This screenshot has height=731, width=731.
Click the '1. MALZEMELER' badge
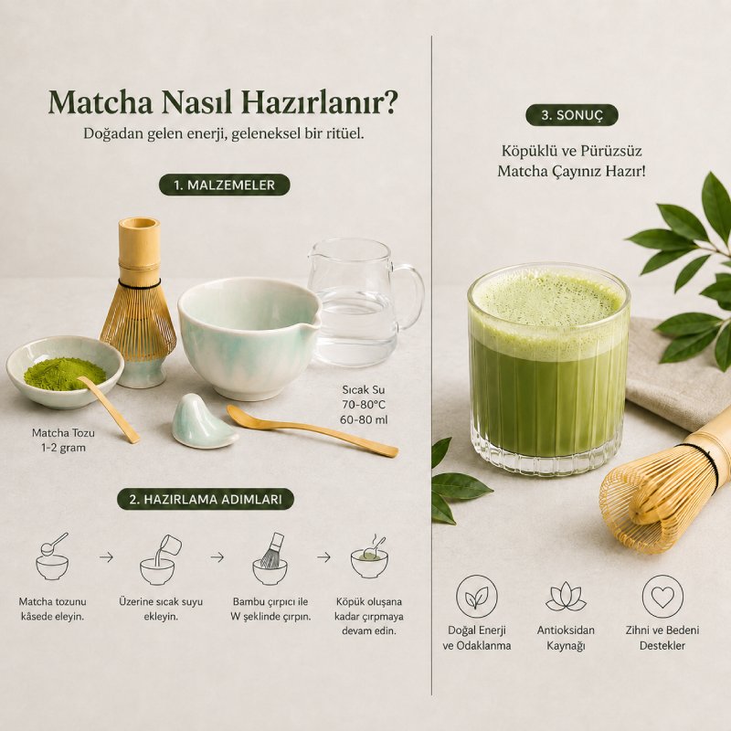click(x=224, y=185)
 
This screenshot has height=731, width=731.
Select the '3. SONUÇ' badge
click(x=572, y=115)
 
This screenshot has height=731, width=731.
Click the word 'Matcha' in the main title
click(x=101, y=102)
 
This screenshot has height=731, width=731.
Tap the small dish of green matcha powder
click(x=64, y=372)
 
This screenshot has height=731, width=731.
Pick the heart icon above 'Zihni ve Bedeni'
click(x=662, y=597)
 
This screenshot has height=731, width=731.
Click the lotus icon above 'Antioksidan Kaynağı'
click(x=566, y=597)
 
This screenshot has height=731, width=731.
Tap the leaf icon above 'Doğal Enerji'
click(x=476, y=597)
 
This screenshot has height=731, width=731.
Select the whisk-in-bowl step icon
click(x=270, y=559)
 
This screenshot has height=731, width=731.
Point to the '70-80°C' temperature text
click(x=364, y=404)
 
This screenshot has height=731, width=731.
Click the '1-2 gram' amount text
click(x=63, y=448)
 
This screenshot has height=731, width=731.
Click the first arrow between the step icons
click(x=106, y=556)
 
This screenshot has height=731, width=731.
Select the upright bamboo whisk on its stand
click(x=139, y=303)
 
